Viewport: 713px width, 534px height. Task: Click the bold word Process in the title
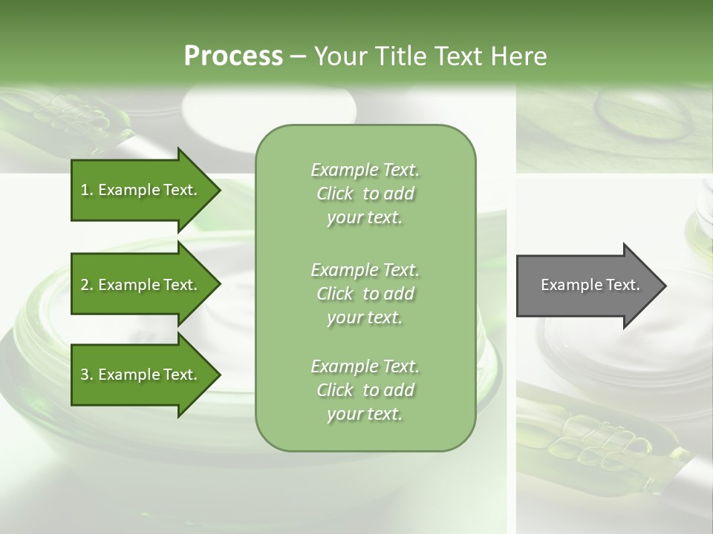(233, 56)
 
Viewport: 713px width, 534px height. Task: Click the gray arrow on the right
(587, 285)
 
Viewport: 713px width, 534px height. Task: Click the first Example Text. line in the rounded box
(365, 170)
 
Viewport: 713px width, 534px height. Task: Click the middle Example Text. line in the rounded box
(365, 269)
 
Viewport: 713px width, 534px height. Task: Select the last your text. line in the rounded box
(365, 414)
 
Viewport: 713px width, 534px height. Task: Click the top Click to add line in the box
(365, 194)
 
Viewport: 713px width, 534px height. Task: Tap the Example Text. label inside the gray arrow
(590, 285)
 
